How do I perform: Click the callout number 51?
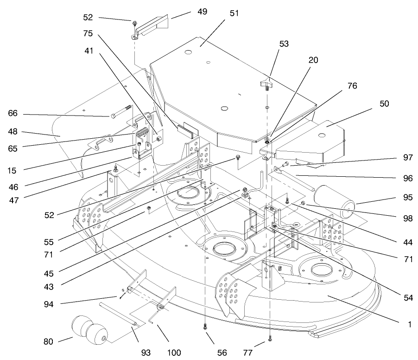(234, 13)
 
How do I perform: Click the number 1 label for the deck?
(410, 325)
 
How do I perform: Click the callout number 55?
(49, 242)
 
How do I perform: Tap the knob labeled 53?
(267, 85)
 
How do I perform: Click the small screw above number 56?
(204, 328)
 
